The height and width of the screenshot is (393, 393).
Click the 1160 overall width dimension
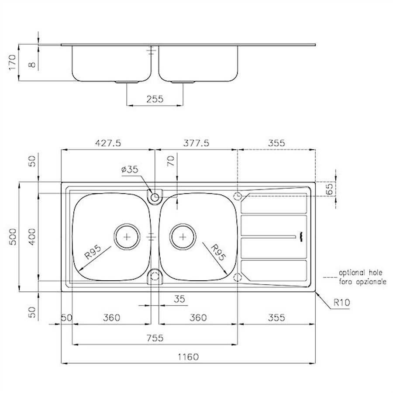(188, 357)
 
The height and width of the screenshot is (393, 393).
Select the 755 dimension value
(155, 338)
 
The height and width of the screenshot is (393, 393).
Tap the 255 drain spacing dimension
(155, 99)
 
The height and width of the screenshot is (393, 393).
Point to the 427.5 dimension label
(108, 143)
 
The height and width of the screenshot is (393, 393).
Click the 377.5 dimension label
(196, 143)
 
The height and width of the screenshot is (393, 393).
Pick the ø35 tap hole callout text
(130, 169)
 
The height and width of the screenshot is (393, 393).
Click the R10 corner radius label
(341, 303)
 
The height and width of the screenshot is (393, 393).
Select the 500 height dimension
(12, 237)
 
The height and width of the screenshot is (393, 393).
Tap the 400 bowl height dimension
(32, 237)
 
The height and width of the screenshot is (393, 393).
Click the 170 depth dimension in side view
(12, 62)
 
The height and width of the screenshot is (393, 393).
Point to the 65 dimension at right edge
(330, 189)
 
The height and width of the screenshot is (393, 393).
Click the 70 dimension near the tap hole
(171, 161)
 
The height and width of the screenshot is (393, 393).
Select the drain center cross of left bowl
(127, 237)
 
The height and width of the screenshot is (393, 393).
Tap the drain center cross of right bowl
(183, 237)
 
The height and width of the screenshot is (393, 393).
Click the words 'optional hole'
(361, 272)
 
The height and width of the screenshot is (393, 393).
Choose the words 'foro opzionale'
(363, 282)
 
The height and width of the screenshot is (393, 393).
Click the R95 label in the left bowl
(93, 252)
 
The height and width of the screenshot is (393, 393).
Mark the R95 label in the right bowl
(218, 252)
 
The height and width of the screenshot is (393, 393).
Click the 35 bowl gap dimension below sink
(179, 299)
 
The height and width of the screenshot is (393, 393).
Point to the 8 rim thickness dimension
(32, 65)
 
